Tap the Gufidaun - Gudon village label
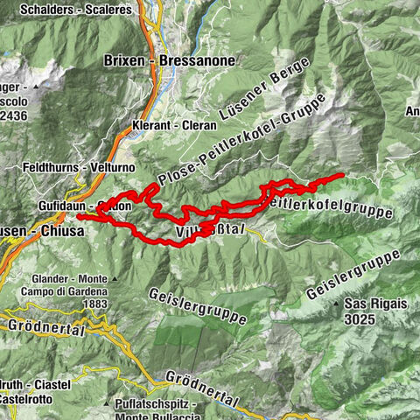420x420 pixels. pyautogui.click(x=85, y=206)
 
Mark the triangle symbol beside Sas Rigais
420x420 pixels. pyautogui.click(x=337, y=304)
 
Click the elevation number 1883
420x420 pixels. pyautogui.click(x=93, y=304)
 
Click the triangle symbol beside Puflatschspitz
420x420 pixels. pyautogui.click(x=107, y=405)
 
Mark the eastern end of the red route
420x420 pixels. pyautogui.click(x=342, y=176)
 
